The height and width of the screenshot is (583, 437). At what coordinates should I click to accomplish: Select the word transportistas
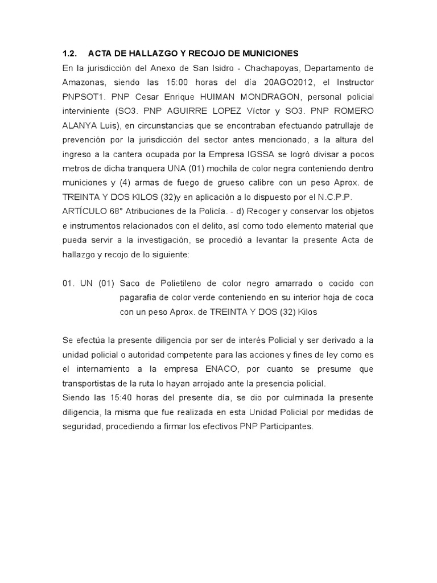pos(92,383)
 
